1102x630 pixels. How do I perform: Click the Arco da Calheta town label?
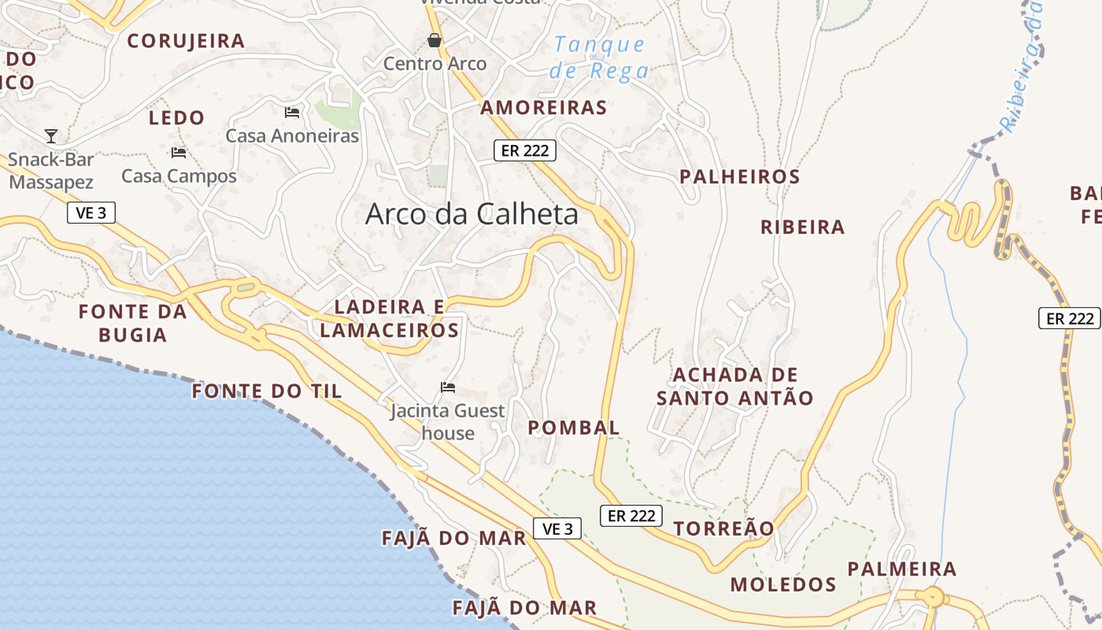pyautogui.click(x=471, y=214)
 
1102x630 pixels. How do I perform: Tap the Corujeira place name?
pyautogui.click(x=186, y=41)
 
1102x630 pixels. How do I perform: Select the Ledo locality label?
pyautogui.click(x=176, y=118)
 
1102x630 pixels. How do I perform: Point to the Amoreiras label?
pyautogui.click(x=543, y=108)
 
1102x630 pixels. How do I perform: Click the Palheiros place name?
pyautogui.click(x=740, y=176)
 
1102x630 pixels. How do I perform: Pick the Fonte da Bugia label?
pyautogui.click(x=133, y=323)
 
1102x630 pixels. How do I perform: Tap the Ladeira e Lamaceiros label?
pyautogui.click(x=390, y=318)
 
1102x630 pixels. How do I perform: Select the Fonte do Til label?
pyautogui.click(x=268, y=391)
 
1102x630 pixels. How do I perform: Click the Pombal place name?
pyautogui.click(x=574, y=428)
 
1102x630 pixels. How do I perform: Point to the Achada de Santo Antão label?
pyautogui.click(x=735, y=386)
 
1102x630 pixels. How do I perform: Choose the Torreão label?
pyautogui.click(x=723, y=528)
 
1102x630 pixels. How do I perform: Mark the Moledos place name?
pyautogui.click(x=783, y=584)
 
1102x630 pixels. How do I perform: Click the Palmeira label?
pyautogui.click(x=901, y=569)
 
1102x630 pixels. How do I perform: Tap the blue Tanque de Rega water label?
pyautogui.click(x=601, y=57)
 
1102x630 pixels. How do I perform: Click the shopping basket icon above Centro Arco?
pyautogui.click(x=434, y=40)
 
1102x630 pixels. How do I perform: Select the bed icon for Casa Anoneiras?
pyautogui.click(x=292, y=113)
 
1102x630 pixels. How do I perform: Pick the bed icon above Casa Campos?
pyautogui.click(x=179, y=152)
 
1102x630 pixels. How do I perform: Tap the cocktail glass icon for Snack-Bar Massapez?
pyautogui.click(x=51, y=136)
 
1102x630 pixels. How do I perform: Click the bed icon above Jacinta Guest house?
pyautogui.click(x=448, y=387)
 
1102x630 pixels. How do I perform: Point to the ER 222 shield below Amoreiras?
pyautogui.click(x=525, y=150)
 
